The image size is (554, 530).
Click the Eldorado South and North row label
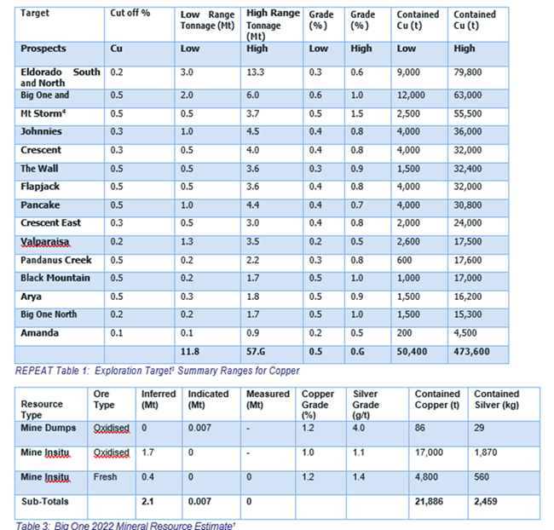click(59, 78)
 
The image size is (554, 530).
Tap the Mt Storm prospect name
click(45, 113)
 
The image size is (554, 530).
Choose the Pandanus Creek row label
click(55, 259)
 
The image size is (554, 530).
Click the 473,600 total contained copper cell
click(473, 351)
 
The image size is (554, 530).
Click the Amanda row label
click(39, 332)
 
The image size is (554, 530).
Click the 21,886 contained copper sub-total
click(430, 504)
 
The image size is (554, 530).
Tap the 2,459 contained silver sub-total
click(488, 504)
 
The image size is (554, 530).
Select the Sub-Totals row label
click(45, 503)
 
